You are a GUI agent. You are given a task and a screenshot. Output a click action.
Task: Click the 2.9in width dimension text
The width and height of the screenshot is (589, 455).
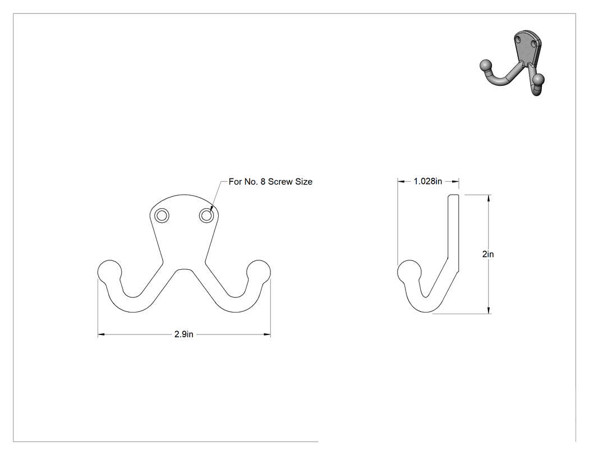183,334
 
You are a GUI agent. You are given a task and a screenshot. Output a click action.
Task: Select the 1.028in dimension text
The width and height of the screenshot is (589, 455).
428,181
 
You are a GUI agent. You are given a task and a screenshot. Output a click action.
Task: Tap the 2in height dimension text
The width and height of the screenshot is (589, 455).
488,254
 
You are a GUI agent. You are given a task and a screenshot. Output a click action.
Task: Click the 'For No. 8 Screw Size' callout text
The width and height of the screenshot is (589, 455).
270,181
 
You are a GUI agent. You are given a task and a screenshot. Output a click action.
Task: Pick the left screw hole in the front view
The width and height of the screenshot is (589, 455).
162,215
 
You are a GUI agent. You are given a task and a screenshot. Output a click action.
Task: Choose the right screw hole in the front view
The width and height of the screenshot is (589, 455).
206,215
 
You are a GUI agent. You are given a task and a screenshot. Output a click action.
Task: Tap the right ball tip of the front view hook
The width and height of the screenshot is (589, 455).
259,272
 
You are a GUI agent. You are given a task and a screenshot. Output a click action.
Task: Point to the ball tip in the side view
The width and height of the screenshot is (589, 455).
409,272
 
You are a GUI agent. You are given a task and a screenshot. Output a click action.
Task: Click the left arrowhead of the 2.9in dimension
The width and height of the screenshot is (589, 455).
101,334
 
